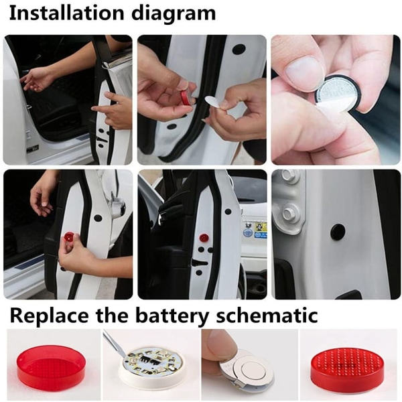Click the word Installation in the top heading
(66, 13)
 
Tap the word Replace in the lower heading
(49, 316)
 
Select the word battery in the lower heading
(172, 316)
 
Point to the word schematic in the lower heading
(267, 315)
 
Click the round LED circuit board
(151, 361)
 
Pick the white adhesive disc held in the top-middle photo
(214, 105)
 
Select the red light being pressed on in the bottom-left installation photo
(70, 237)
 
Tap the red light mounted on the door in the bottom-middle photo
(204, 238)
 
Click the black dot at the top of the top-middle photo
(239, 49)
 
